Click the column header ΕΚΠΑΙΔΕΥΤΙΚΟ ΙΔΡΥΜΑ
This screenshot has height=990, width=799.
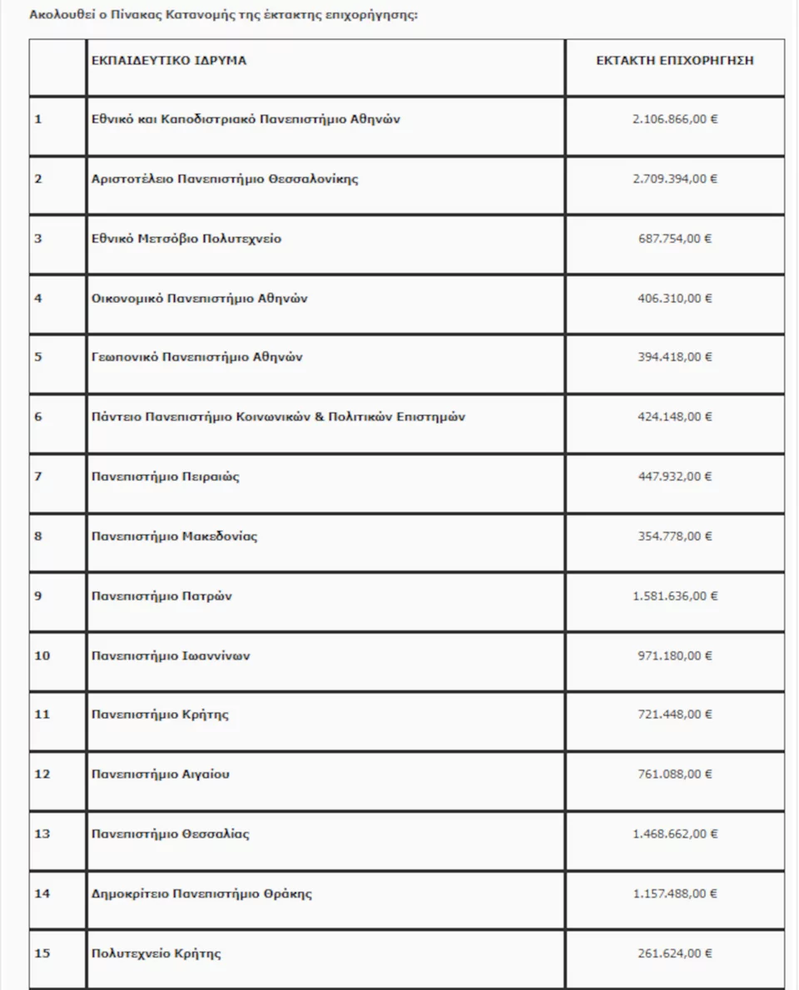[x=169, y=61]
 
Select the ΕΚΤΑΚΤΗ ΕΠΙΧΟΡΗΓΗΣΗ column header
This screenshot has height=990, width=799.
[x=675, y=61]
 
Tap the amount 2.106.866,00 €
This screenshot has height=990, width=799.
[x=675, y=119]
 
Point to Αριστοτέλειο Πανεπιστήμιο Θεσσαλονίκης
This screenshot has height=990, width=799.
[x=225, y=179]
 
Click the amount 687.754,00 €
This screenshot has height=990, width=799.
[x=675, y=239]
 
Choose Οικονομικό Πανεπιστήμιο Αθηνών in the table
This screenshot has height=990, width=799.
[x=200, y=298]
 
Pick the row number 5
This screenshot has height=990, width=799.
[x=38, y=358]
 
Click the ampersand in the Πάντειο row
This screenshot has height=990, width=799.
[x=317, y=417]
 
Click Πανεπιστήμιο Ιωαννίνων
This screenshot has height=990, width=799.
[x=171, y=656]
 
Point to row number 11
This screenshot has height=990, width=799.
[x=42, y=715]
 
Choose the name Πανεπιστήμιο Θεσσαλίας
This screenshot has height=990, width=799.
[x=171, y=834]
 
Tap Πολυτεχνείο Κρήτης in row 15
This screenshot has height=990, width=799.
[x=156, y=953]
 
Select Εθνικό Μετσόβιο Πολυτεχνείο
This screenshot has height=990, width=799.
[x=186, y=239]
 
